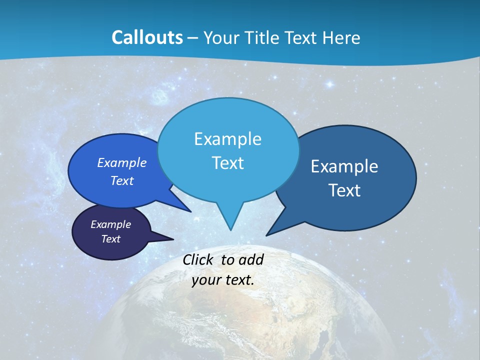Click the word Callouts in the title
[147, 37]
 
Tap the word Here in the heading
[340, 37]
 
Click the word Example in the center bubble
[228, 139]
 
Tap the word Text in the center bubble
[228, 163]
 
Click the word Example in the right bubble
[344, 166]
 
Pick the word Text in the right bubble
[344, 190]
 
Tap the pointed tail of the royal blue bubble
[188, 210]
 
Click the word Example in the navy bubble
[111, 224]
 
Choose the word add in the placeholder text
[251, 259]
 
